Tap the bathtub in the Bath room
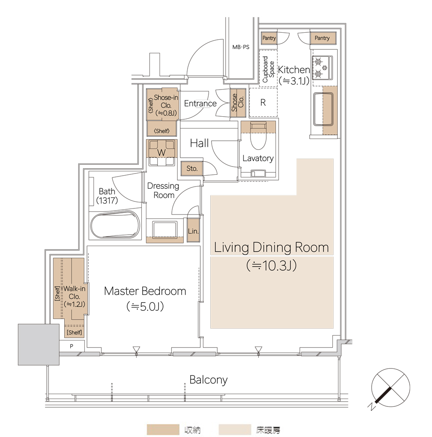point(115,225)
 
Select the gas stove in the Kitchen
point(322,67)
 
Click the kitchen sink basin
point(324,109)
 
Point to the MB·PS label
point(241,47)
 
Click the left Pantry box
point(269,38)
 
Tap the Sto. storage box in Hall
point(192,168)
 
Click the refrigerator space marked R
point(263,102)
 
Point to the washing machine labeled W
point(162,153)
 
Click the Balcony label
point(208,380)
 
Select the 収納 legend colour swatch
point(163,430)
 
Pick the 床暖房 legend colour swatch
point(235,430)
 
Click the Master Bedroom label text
point(145,291)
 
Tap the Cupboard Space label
point(268,69)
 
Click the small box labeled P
point(72,346)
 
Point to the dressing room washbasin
point(164,229)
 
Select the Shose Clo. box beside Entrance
point(238,103)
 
